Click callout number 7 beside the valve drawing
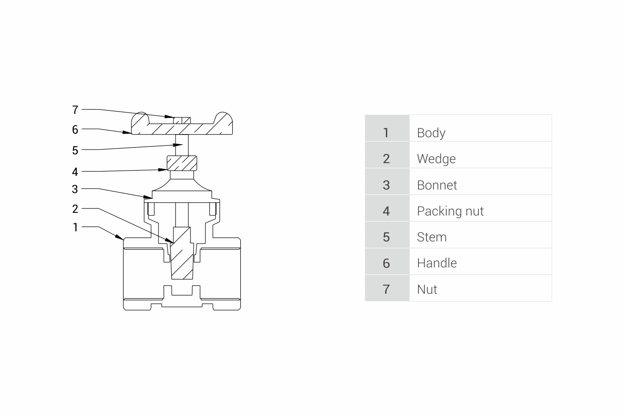pyautogui.click(x=75, y=110)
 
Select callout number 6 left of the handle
pyautogui.click(x=75, y=130)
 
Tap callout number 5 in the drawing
pyautogui.click(x=75, y=151)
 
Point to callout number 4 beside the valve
pyautogui.click(x=75, y=172)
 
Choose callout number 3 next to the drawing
pyautogui.click(x=75, y=190)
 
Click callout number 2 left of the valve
pyautogui.click(x=75, y=209)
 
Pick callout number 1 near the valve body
pyautogui.click(x=76, y=227)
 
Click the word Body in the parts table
pyautogui.click(x=431, y=133)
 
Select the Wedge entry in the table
pyautogui.click(x=436, y=159)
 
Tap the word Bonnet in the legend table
pyautogui.click(x=437, y=185)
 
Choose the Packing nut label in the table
pyautogui.click(x=450, y=211)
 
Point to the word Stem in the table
pyautogui.click(x=432, y=237)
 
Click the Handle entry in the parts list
pyautogui.click(x=437, y=263)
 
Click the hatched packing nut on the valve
pyautogui.click(x=182, y=163)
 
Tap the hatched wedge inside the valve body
pyautogui.click(x=182, y=253)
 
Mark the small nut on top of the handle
pyautogui.click(x=182, y=120)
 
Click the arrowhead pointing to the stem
pyautogui.click(x=178, y=145)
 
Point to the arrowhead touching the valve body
pyautogui.click(x=120, y=237)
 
